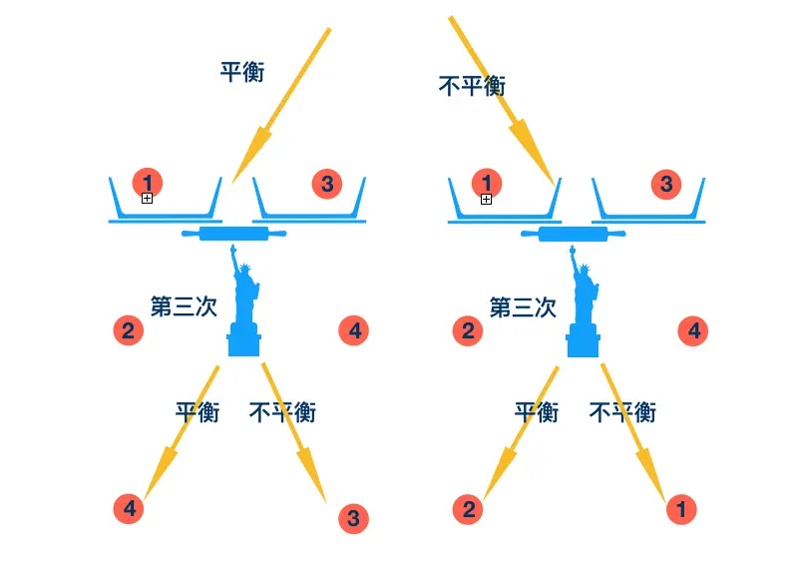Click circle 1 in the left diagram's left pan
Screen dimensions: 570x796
[x=148, y=182]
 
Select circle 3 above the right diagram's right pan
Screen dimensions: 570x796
[x=666, y=183]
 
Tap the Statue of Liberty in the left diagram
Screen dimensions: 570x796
[x=243, y=304]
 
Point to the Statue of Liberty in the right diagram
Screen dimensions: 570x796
[x=584, y=304]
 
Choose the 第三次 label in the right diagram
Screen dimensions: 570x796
[x=523, y=306]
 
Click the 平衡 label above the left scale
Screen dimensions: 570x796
[x=242, y=72]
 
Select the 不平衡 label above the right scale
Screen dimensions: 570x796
[x=472, y=86]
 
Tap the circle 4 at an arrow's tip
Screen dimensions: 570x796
[x=128, y=509]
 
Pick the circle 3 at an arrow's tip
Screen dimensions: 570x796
[x=354, y=517]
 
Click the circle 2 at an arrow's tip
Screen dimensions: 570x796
[x=468, y=509]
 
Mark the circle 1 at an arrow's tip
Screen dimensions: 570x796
[x=681, y=509]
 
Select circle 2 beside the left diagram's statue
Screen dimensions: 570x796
[x=128, y=329]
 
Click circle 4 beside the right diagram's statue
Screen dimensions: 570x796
[x=694, y=330]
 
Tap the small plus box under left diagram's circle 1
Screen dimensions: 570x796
[x=147, y=199]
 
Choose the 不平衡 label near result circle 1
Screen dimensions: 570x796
[x=623, y=411]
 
